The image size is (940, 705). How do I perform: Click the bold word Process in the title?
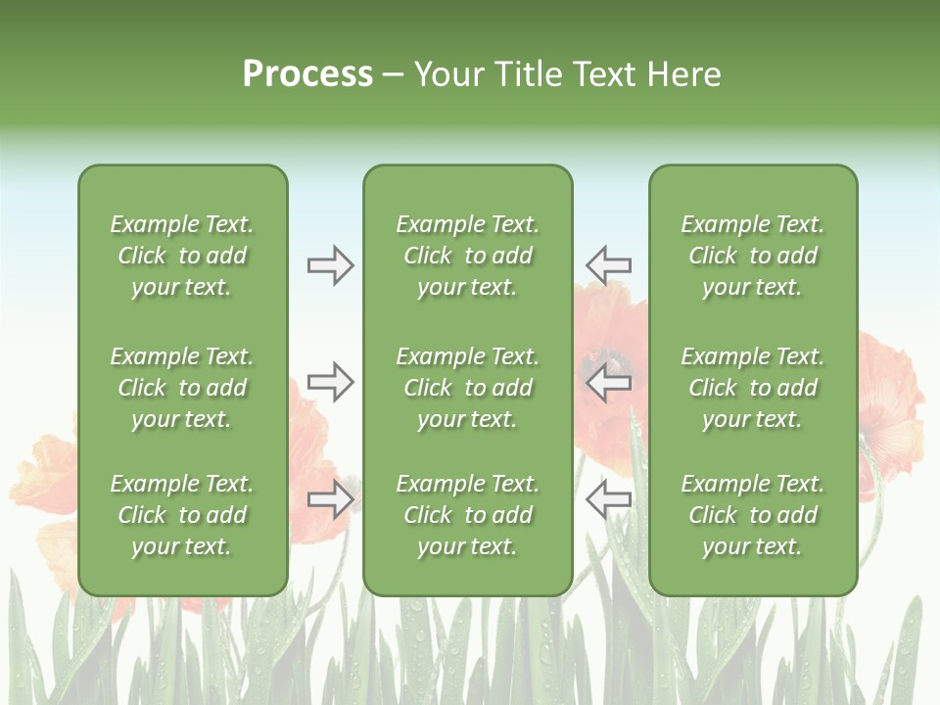click(x=307, y=74)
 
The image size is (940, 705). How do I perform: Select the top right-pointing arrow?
click(x=330, y=265)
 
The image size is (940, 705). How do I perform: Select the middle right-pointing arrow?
click(x=330, y=382)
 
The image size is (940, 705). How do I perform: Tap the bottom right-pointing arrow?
click(x=330, y=499)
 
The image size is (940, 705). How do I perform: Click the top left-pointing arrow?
click(x=608, y=265)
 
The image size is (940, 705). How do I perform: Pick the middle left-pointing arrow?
click(x=608, y=382)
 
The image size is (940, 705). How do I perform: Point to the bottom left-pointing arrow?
click(x=608, y=499)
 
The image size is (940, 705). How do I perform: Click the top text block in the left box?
click(x=182, y=256)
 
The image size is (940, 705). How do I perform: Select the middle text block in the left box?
click(x=182, y=388)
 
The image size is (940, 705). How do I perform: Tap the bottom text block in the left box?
click(x=182, y=515)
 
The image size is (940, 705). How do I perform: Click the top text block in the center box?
click(x=467, y=256)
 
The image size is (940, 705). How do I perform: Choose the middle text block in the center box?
click(x=467, y=388)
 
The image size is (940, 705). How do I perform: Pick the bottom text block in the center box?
click(x=467, y=515)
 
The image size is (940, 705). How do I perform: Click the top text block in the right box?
click(x=752, y=256)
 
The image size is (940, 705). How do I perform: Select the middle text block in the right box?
click(x=752, y=388)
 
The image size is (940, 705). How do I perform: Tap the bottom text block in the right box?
click(x=752, y=515)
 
